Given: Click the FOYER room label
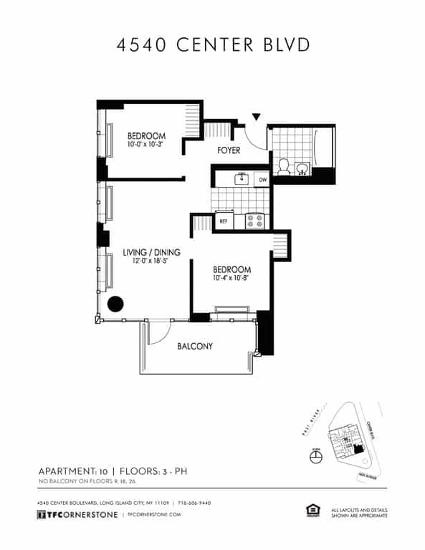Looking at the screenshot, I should pyautogui.click(x=229, y=150).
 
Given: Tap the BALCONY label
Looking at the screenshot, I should pyautogui.click(x=195, y=347).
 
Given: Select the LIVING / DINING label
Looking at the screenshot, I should pyautogui.click(x=151, y=252).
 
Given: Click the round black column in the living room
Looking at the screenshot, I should pyautogui.click(x=115, y=304).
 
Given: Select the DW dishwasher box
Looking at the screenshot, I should pyautogui.click(x=262, y=179).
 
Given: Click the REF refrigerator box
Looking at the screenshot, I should pyautogui.click(x=224, y=221).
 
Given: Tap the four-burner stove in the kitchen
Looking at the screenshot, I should pyautogui.click(x=254, y=221).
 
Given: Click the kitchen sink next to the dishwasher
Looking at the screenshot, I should pyautogui.click(x=242, y=178).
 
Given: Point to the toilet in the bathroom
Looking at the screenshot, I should pyautogui.click(x=284, y=166).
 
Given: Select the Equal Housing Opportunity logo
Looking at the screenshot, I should pyautogui.click(x=312, y=511).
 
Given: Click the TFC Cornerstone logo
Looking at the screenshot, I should pyautogui.click(x=77, y=515).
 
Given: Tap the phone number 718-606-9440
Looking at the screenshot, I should pyautogui.click(x=195, y=503).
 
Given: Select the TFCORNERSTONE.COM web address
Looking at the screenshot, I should pyautogui.click(x=157, y=515).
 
